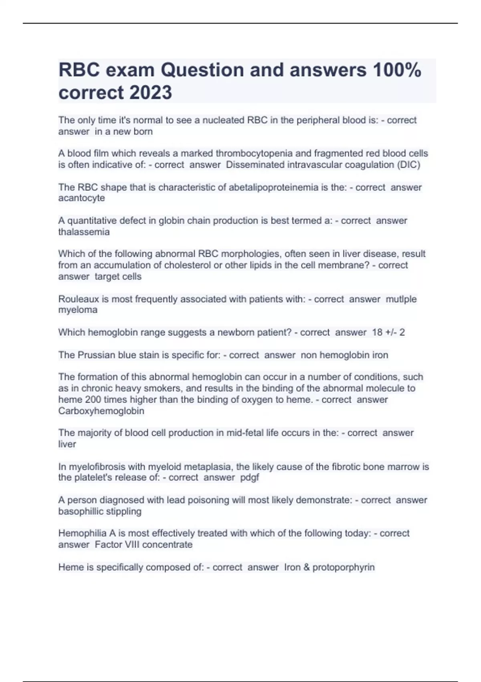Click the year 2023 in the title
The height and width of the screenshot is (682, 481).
point(151,92)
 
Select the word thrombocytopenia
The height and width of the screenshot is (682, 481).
point(254,153)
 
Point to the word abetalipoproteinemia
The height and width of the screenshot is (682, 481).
point(273,187)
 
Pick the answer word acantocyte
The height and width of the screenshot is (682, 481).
point(81,198)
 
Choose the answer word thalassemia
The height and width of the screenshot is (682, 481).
point(84,232)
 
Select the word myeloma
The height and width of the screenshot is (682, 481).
point(78,310)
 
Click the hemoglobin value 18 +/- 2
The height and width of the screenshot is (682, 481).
point(388,332)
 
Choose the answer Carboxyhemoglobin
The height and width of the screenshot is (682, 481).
point(101,411)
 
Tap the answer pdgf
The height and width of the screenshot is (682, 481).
point(249,477)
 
